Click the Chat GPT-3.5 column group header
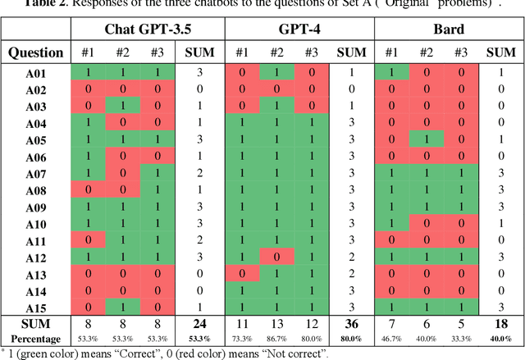[x=147, y=30]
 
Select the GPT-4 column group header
[x=299, y=30]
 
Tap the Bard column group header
[x=450, y=30]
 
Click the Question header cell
[x=35, y=52]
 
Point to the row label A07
[x=35, y=174]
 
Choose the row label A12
[x=35, y=257]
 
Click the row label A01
[x=35, y=73]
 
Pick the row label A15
[x=35, y=308]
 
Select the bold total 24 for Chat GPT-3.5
[x=200, y=325]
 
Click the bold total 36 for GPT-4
[x=351, y=325]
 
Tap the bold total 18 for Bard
[x=502, y=325]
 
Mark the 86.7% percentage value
[x=276, y=339]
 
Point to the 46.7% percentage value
[x=392, y=339]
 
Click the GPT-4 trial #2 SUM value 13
[x=276, y=325]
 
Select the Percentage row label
[x=35, y=339]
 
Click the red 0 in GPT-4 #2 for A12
[x=276, y=257]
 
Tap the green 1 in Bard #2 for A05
[x=427, y=140]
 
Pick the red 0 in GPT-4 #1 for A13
[x=241, y=274]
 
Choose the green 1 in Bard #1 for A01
[x=392, y=73]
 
